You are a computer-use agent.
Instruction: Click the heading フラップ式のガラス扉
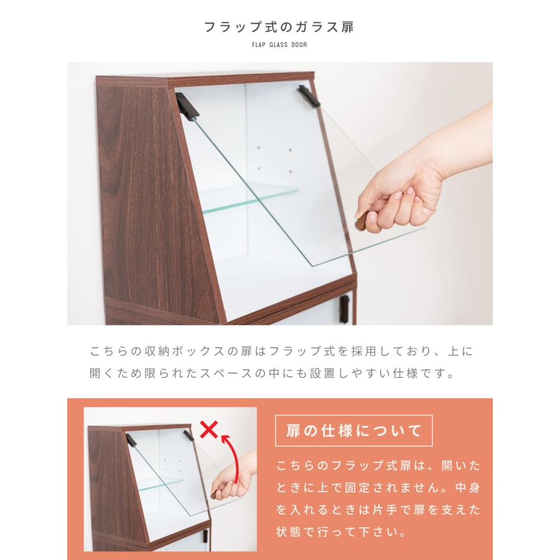279,27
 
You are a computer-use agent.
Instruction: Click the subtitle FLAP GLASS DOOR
279,45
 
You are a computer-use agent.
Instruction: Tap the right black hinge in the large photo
309,96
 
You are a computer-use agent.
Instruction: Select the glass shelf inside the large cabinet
249,200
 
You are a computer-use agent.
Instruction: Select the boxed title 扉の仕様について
354,430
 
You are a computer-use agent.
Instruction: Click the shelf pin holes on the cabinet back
274,160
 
